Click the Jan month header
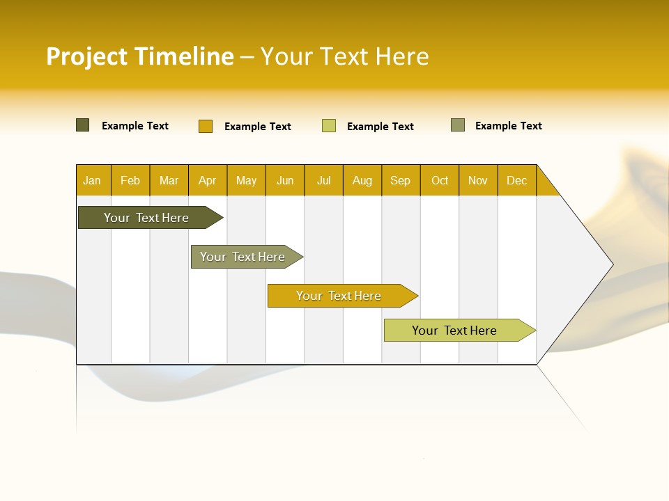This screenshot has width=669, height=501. click(92, 181)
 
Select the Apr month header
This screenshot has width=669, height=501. click(208, 181)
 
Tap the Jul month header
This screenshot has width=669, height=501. click(323, 181)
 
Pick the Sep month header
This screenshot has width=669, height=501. click(400, 181)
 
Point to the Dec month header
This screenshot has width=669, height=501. click(516, 181)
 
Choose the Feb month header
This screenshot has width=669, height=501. click(130, 181)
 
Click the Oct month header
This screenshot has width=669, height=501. click(440, 181)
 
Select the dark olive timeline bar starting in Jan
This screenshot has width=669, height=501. click(146, 218)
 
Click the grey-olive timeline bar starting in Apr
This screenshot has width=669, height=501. click(243, 257)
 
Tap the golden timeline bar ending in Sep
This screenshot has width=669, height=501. click(339, 296)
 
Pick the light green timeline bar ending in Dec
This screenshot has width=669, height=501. click(454, 331)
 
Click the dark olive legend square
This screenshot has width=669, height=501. click(83, 125)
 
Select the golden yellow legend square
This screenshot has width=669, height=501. click(206, 126)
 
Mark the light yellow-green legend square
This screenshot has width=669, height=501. click(329, 126)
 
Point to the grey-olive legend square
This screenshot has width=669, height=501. click(458, 125)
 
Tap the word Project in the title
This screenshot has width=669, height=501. click(86, 57)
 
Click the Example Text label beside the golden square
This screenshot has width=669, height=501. click(258, 127)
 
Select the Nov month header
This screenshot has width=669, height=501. click(478, 181)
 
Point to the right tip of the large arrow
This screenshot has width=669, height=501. click(612, 264)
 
